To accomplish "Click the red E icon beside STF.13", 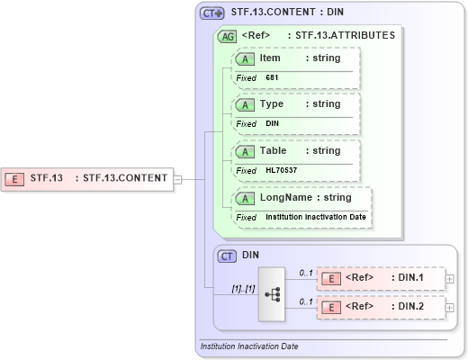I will click(x=15, y=178).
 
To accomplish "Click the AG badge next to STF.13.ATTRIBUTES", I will click(x=228, y=36).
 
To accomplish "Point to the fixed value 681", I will click(x=272, y=77).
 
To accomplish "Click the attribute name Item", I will click(x=270, y=58).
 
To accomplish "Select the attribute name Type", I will click(x=272, y=104).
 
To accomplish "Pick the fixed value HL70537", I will click(x=282, y=170).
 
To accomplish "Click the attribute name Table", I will click(x=274, y=150).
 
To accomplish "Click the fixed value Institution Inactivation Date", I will click(x=316, y=217).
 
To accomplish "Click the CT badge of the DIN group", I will click(x=228, y=256).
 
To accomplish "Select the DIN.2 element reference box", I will click(x=382, y=307).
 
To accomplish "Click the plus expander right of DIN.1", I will click(x=451, y=279).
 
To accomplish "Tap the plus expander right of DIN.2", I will click(x=451, y=307).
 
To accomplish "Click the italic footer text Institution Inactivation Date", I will click(x=249, y=346).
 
